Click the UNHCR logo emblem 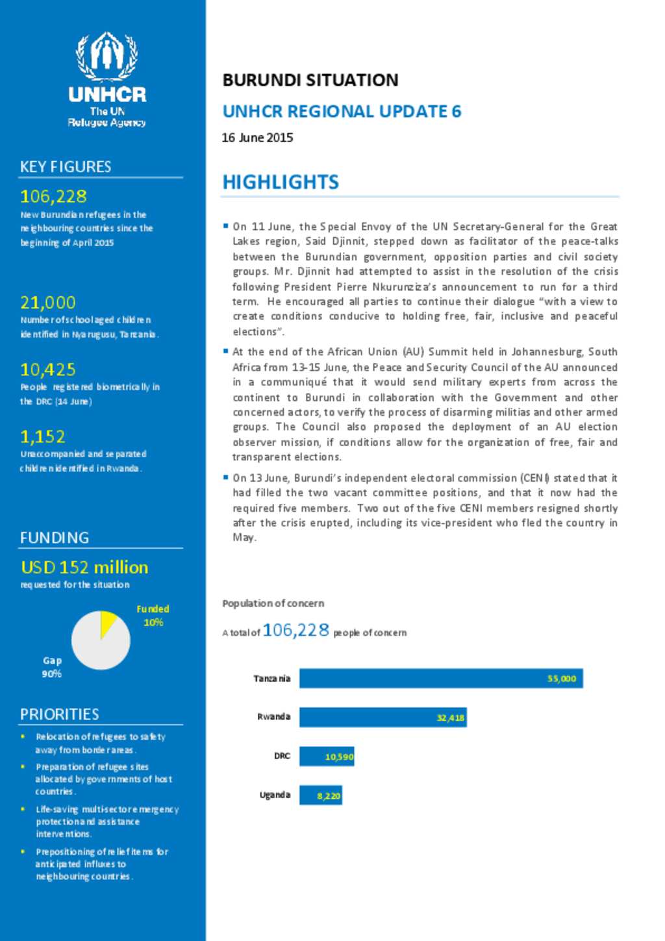(107, 55)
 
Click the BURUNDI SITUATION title (310, 80)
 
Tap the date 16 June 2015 (257, 138)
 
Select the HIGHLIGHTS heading (281, 182)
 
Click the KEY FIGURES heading (66, 167)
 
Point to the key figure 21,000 (48, 303)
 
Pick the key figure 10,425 (48, 370)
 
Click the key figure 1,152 (43, 436)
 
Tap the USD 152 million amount (84, 567)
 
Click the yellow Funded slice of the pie (107, 622)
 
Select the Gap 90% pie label (52, 667)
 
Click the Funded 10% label (153, 616)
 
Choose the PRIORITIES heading (60, 714)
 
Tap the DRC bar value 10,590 (339, 757)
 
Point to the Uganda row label (275, 795)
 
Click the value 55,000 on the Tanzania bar (562, 679)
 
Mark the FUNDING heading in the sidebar (55, 538)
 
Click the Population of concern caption (273, 603)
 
